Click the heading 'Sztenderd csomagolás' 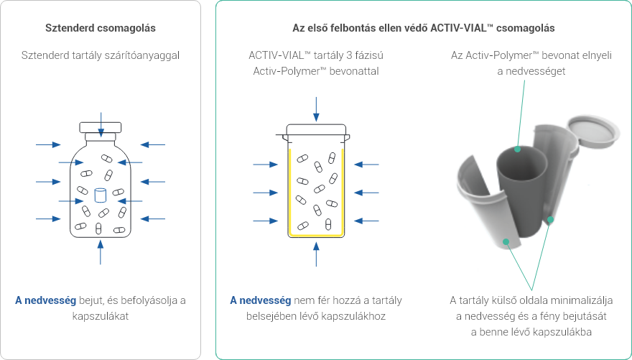pyautogui.click(x=100, y=28)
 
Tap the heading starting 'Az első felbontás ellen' pyautogui.click(x=423, y=28)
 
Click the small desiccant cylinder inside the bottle pyautogui.click(x=101, y=194)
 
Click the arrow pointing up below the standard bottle pyautogui.click(x=101, y=252)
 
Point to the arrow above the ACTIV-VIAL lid pyautogui.click(x=316, y=109)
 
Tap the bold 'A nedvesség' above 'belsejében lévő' pyautogui.click(x=260, y=300)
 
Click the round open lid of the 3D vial pyautogui.click(x=593, y=131)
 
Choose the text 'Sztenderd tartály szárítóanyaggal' pyautogui.click(x=100, y=55)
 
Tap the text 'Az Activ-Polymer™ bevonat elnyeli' pyautogui.click(x=531, y=55)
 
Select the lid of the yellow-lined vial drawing pyautogui.click(x=316, y=131)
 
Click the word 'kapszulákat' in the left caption pyautogui.click(x=100, y=316)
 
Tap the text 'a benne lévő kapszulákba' pyautogui.click(x=531, y=331)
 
